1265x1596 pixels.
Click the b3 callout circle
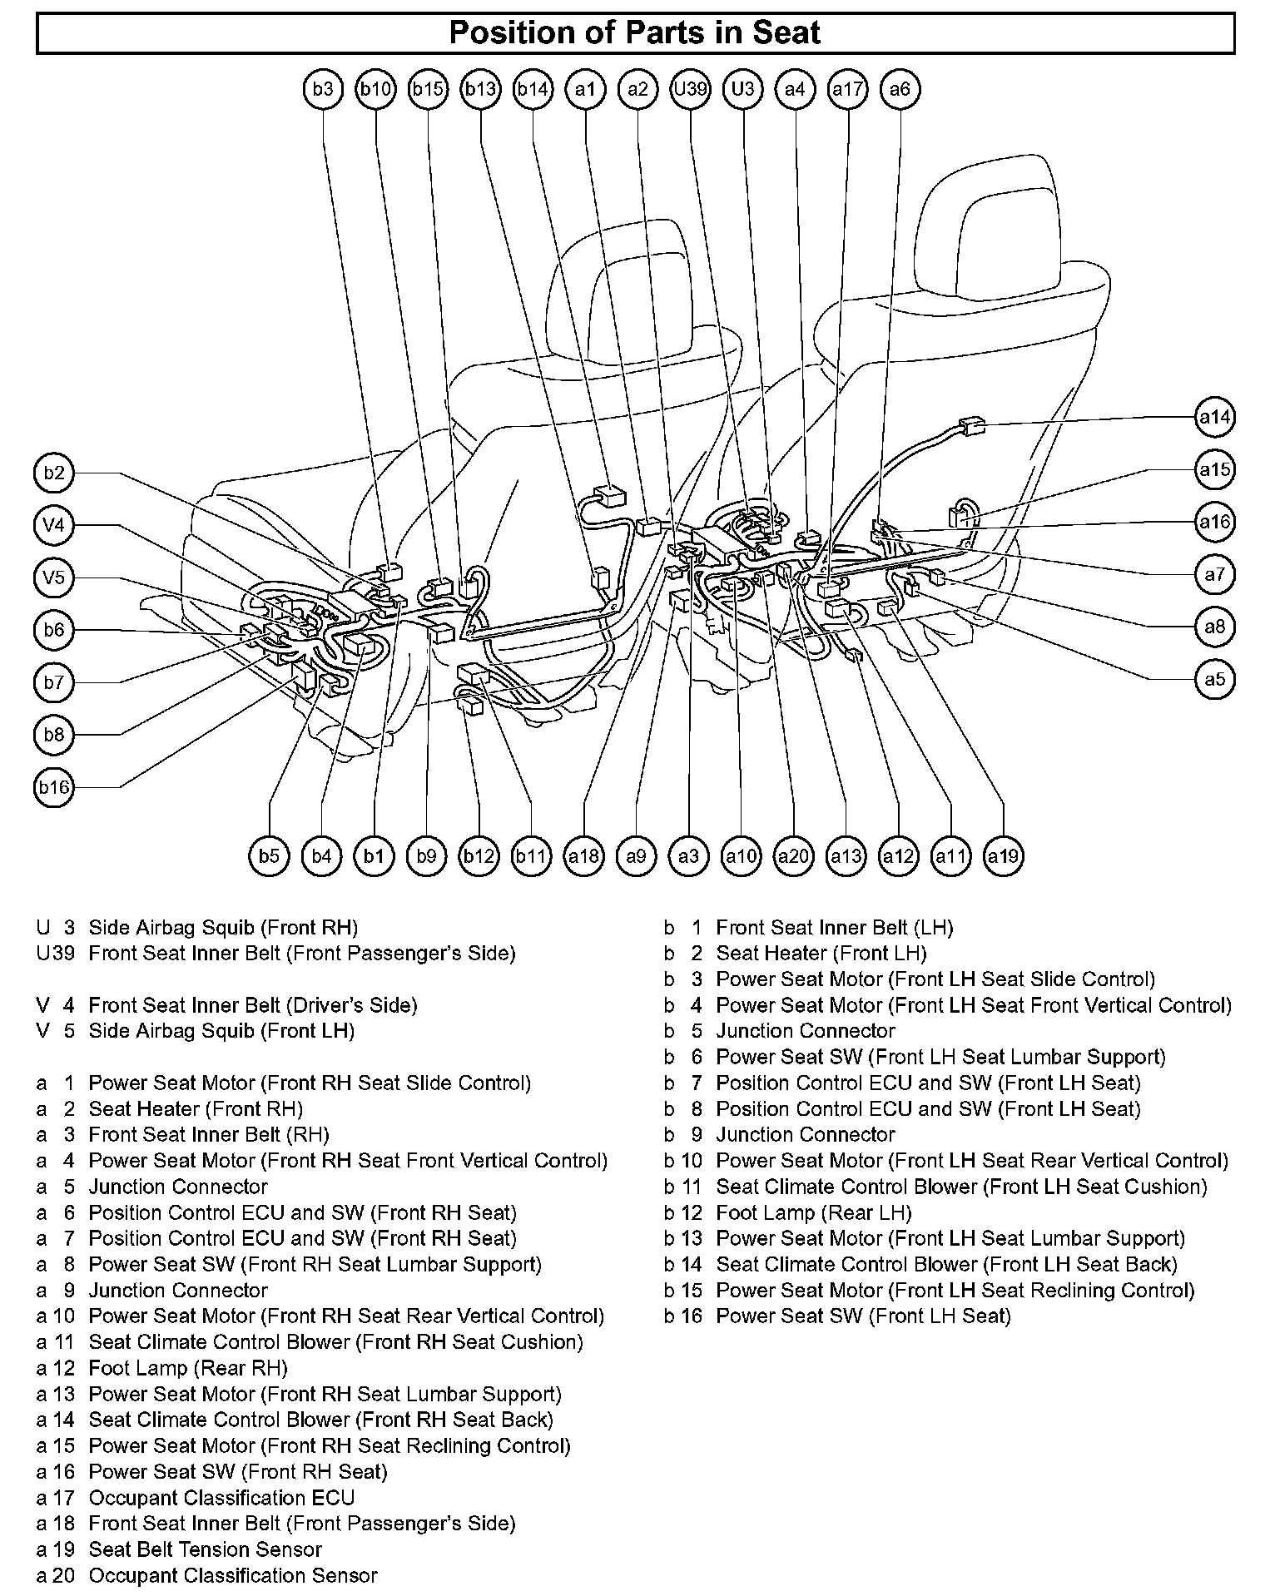[323, 89]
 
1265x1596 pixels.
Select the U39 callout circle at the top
[690, 89]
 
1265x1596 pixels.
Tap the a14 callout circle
[1214, 417]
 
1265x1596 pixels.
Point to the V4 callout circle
[54, 525]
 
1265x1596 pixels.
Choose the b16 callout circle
[54, 787]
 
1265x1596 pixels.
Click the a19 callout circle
[1003, 855]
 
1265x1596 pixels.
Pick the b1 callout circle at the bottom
[375, 855]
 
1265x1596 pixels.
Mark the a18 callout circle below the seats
[584, 855]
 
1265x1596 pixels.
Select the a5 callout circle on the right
[1214, 679]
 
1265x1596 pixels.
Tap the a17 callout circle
[848, 89]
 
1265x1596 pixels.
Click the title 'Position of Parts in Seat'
[634, 33]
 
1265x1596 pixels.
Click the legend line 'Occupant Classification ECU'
[221, 1498]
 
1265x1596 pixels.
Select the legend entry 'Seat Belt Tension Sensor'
[205, 1549]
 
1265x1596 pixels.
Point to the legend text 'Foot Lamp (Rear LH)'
[813, 1212]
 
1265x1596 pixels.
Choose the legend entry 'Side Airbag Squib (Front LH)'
[221, 1031]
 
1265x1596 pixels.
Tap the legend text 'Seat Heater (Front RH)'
[196, 1108]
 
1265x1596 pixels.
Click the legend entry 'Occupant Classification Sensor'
[233, 1575]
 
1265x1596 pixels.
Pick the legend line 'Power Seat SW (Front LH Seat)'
[863, 1316]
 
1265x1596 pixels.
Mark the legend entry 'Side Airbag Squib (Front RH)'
[223, 927]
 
